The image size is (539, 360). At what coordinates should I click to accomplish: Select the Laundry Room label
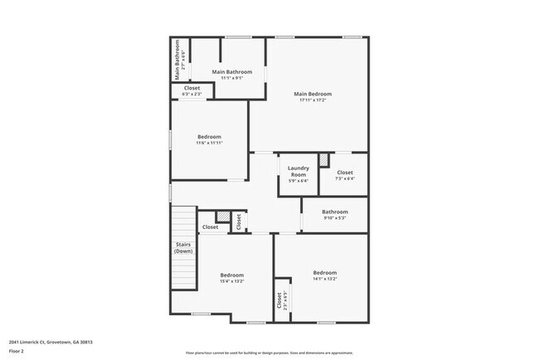299,172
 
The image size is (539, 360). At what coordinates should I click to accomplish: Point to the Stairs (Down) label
183,247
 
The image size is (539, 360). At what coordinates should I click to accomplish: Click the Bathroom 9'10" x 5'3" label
335,212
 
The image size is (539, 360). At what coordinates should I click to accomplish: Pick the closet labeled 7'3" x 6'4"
345,173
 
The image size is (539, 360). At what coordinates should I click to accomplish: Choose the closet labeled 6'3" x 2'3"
192,88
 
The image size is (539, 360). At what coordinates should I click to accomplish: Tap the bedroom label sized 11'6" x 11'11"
209,137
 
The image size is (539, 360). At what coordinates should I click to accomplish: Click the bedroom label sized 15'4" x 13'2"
231,275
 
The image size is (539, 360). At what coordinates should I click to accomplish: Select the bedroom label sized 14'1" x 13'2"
324,273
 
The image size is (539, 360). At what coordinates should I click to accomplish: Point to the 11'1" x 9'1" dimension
232,79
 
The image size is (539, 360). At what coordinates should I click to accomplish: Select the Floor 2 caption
17,351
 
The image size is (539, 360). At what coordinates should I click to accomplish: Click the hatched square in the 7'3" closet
324,158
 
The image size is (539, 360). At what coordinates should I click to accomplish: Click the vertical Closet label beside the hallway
239,222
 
